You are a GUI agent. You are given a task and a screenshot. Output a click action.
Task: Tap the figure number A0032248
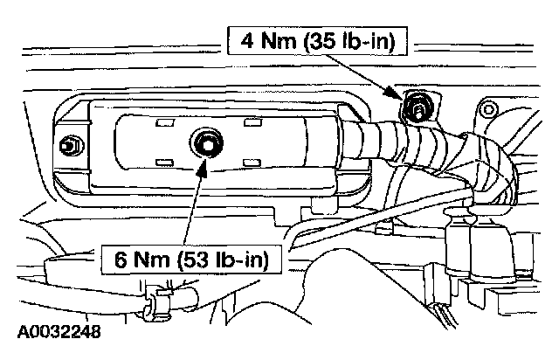coord(59,333)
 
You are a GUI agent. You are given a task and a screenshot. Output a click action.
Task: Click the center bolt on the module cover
coord(208,143)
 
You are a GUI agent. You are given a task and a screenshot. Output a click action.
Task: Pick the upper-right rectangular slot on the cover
coord(253,123)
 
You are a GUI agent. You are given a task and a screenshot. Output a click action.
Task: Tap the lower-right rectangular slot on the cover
coord(253,162)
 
